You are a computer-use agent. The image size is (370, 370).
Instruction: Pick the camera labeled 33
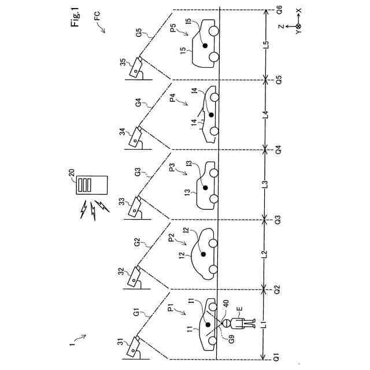coord(138,206)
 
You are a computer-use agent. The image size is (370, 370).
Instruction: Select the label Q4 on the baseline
coord(279,150)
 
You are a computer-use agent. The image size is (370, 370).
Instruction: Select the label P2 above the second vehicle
coord(172,239)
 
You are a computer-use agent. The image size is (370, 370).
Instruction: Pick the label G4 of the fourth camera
coord(138,103)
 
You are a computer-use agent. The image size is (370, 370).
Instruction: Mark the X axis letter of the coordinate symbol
coord(298,10)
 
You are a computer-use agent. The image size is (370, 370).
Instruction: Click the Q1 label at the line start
coord(279,357)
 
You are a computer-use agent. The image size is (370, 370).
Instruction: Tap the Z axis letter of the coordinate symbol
coord(279,27)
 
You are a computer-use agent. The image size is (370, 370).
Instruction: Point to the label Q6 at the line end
coord(279,11)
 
